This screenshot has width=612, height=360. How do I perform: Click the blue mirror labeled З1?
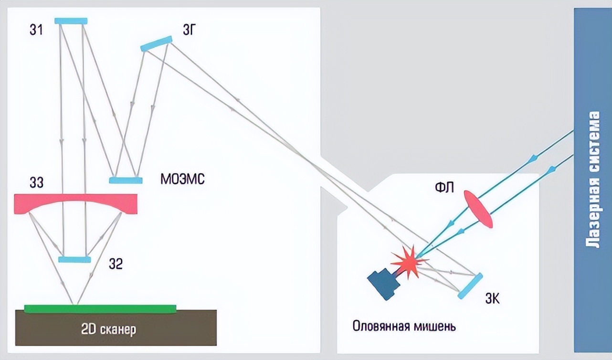pyautogui.click(x=71, y=21)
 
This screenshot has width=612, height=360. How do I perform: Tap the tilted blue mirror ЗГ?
pyautogui.click(x=156, y=43)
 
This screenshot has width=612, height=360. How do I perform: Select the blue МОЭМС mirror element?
pyautogui.click(x=126, y=180)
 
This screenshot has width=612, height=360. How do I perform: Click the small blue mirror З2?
pyautogui.click(x=74, y=259)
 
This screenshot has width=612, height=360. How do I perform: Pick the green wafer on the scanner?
pyautogui.click(x=100, y=308)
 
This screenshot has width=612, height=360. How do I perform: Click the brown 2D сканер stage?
pyautogui.click(x=116, y=329)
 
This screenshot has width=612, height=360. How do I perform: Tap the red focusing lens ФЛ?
pyautogui.click(x=477, y=209)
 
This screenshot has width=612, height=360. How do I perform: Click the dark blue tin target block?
pyautogui.click(x=384, y=284)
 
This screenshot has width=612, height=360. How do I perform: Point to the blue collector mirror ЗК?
pyautogui.click(x=470, y=286)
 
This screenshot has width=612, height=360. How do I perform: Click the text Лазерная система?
pyautogui.click(x=593, y=180)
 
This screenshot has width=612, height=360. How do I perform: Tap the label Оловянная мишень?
pyautogui.click(x=404, y=327)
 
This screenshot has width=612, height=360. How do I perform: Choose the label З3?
pyautogui.click(x=36, y=183)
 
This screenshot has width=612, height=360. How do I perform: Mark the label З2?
pyautogui.click(x=116, y=264)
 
